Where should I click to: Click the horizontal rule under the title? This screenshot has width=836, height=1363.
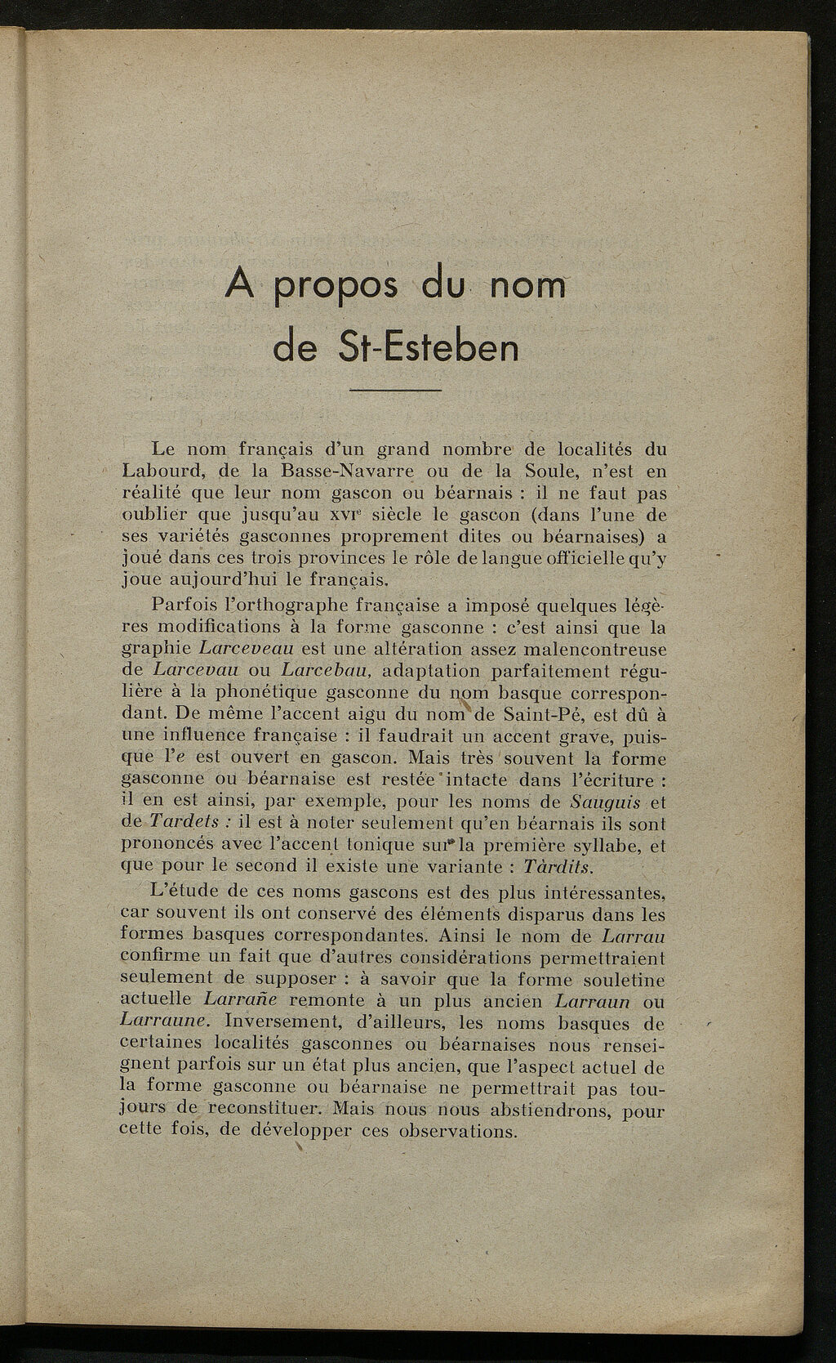(395, 391)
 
